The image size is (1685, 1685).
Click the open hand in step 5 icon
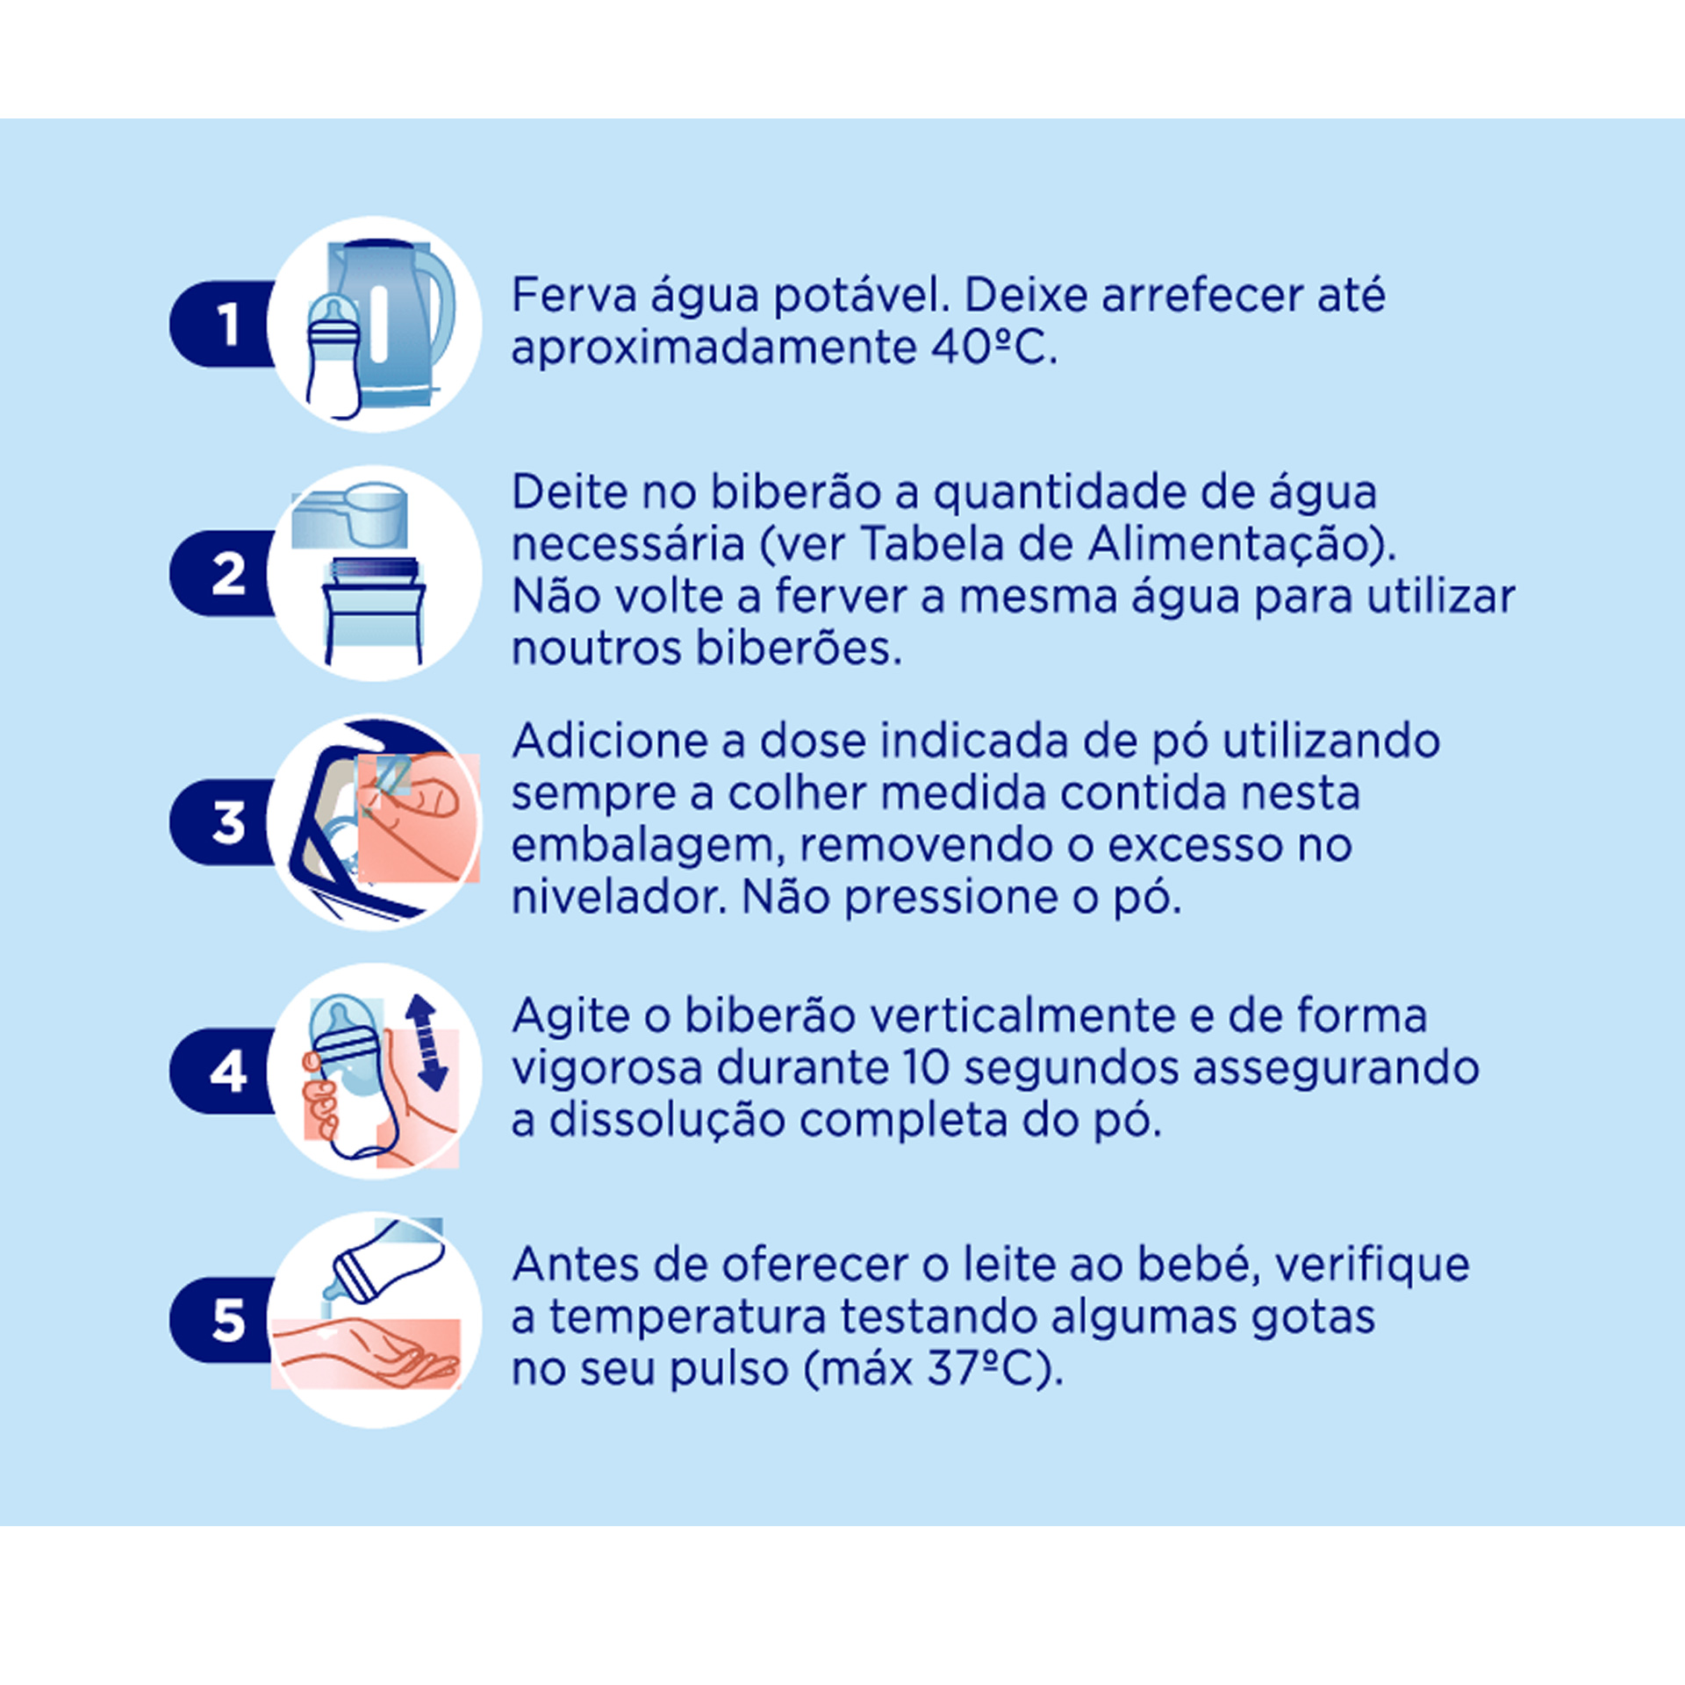tap(369, 1356)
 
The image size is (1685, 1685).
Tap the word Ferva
tap(574, 295)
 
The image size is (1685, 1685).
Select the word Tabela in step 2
tap(922, 544)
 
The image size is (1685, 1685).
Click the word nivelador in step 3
tap(619, 898)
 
